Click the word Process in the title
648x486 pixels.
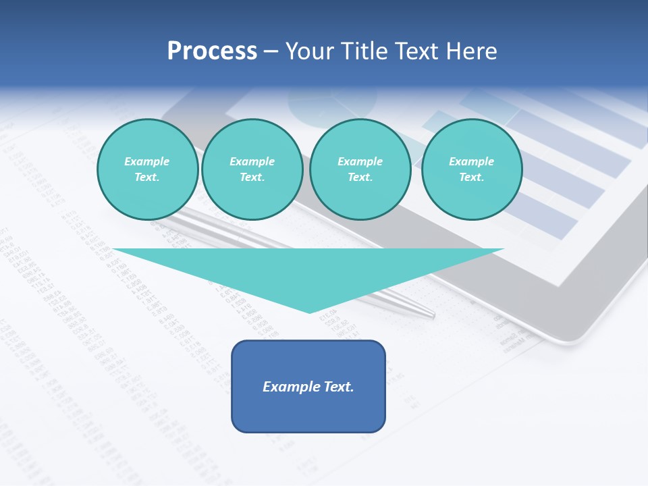(212, 51)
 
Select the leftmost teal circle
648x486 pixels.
(147, 169)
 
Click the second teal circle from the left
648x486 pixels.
(252, 169)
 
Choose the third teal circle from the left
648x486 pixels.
(360, 169)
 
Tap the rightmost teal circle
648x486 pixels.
(471, 169)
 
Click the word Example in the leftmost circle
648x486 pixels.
(147, 161)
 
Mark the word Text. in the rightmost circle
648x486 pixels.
(471, 178)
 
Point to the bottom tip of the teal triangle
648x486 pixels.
(310, 312)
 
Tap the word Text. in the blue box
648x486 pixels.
(339, 387)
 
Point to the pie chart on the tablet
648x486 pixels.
(317, 105)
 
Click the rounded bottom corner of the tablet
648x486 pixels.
(564, 337)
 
